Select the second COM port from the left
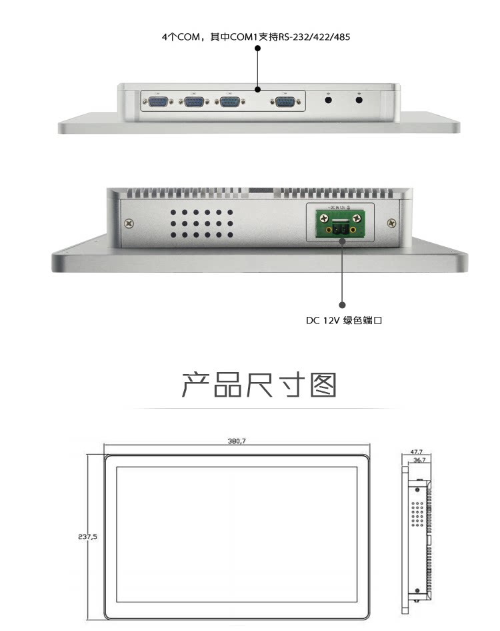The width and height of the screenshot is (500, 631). (195, 102)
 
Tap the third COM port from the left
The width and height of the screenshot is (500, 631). (229, 102)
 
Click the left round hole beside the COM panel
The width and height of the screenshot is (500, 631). (328, 101)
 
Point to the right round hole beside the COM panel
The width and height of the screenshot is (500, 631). (359, 101)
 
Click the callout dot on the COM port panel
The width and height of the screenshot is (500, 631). (257, 89)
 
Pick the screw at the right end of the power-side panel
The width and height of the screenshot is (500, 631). (391, 224)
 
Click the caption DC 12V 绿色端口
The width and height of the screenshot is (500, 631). (344, 321)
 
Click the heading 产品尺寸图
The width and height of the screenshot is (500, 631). (259, 385)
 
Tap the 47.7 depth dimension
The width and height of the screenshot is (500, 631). (417, 451)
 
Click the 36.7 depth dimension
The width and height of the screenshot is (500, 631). (419, 459)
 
